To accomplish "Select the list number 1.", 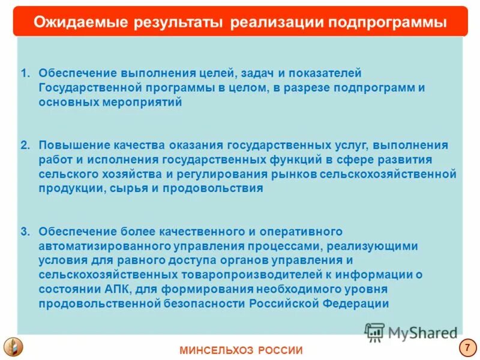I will coord(24,73).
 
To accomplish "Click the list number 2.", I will coord(24,145).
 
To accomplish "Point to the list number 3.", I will coord(24,232).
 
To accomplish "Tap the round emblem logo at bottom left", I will coord(13,347).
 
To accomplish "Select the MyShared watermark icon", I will coord(374,332).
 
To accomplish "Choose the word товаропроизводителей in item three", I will coord(251,275).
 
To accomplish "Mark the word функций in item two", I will coord(291,160).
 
